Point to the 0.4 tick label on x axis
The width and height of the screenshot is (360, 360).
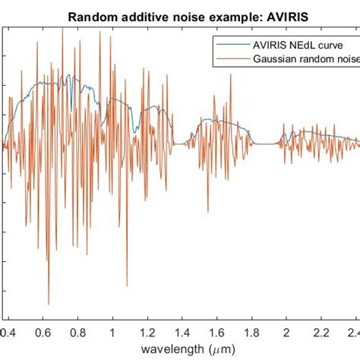click(x=8, y=332)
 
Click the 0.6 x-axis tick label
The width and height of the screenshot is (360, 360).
click(x=43, y=332)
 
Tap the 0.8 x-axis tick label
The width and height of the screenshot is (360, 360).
click(x=77, y=332)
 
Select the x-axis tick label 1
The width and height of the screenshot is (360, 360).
click(x=112, y=332)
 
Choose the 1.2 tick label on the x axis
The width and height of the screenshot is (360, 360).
click(x=147, y=332)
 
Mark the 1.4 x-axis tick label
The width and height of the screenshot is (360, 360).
click(x=182, y=332)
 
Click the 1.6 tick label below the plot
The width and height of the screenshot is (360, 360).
click(x=217, y=332)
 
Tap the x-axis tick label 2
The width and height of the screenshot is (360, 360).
click(x=286, y=332)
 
